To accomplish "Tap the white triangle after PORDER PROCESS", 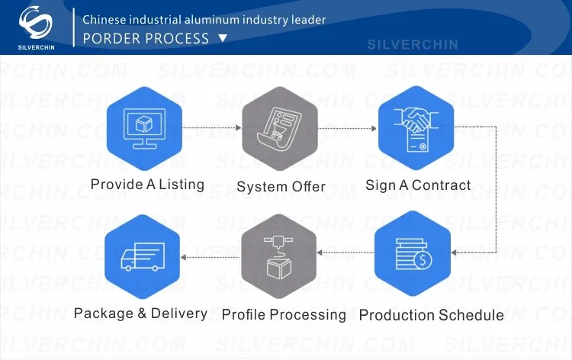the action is (x=223, y=37).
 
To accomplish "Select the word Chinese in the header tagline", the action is (x=105, y=18).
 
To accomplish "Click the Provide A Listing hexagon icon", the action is (x=143, y=129).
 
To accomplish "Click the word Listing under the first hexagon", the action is (x=182, y=185).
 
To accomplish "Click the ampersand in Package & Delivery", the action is (x=141, y=313).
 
